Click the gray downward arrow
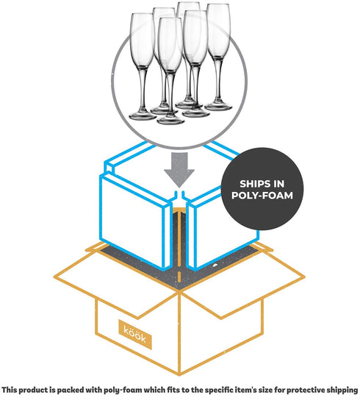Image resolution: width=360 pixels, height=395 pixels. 179,169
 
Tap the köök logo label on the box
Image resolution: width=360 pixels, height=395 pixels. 135,334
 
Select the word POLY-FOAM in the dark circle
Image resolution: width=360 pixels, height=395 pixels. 262,195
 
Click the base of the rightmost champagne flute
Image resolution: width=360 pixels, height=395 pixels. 218,107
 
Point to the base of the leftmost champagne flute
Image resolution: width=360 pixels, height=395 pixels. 143,115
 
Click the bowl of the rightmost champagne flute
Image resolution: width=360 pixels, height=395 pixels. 219,31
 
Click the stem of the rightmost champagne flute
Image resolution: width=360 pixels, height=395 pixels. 218,81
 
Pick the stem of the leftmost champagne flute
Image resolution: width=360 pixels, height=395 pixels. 143,89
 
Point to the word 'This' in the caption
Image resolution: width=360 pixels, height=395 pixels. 8,389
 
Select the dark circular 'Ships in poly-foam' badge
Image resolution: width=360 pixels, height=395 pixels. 262,189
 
